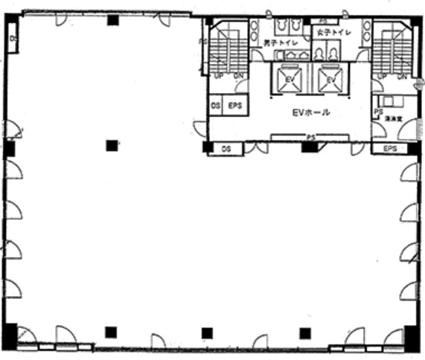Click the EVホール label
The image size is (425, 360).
[310, 113]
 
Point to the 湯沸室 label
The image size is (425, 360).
[394, 118]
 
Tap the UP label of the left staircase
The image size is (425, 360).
[219, 77]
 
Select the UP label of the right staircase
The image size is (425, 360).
[382, 77]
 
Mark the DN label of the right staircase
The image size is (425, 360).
[401, 77]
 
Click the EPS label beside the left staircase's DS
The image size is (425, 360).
[234, 106]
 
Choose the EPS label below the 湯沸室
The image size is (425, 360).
[390, 149]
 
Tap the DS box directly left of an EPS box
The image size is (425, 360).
[215, 106]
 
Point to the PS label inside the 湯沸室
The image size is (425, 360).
[378, 112]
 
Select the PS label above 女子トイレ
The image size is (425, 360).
[322, 20]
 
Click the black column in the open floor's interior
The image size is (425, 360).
[112, 146]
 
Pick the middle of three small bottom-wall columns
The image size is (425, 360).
[207, 332]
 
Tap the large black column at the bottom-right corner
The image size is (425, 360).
[412, 338]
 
